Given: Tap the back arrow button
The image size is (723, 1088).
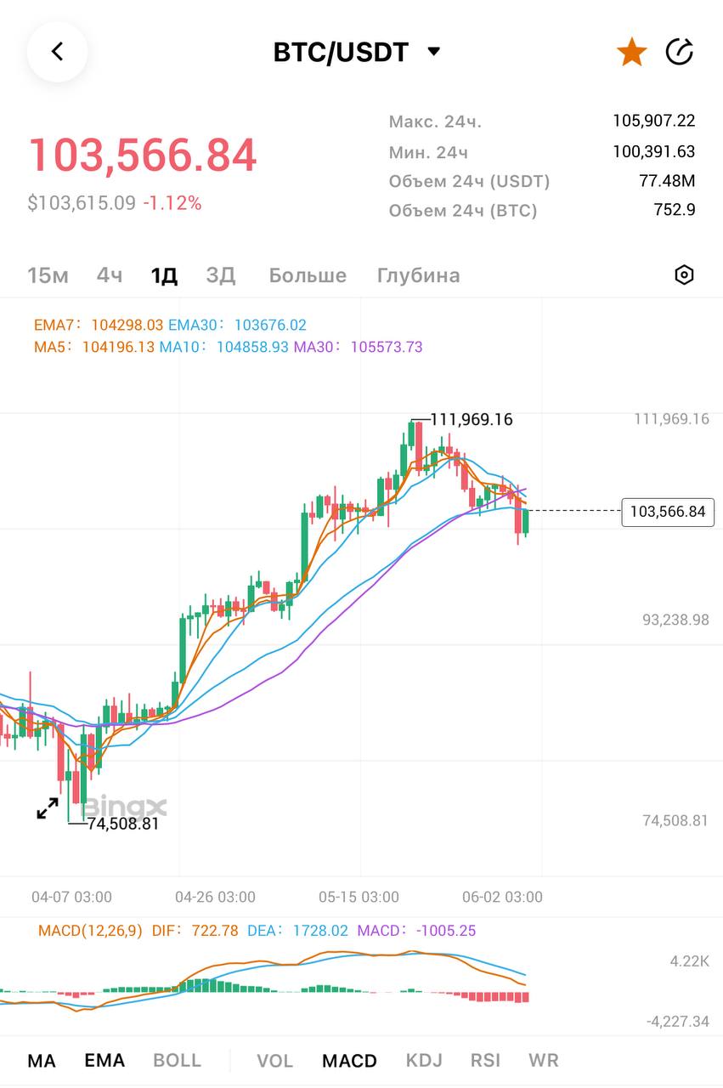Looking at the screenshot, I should (x=57, y=52).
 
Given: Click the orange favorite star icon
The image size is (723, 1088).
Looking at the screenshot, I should (x=631, y=52).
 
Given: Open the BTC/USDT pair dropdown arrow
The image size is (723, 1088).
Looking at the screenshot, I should (x=433, y=52).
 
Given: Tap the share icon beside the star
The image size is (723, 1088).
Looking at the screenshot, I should (x=680, y=52).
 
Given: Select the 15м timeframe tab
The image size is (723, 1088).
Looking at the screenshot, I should (x=48, y=275).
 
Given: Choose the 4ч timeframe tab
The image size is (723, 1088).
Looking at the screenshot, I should (x=110, y=275).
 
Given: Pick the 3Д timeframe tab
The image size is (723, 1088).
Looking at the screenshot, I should (x=221, y=275).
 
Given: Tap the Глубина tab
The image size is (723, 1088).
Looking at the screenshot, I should (x=418, y=275).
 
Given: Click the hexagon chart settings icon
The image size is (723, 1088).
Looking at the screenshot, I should (x=684, y=275).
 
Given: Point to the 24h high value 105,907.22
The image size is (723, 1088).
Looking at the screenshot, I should (x=653, y=121).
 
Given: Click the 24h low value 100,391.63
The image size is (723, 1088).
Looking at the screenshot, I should (x=653, y=152).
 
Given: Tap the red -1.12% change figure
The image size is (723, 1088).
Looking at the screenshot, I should (x=172, y=203).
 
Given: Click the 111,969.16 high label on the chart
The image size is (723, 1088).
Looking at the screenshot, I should (x=472, y=419).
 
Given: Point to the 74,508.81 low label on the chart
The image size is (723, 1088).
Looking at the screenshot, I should (x=122, y=823).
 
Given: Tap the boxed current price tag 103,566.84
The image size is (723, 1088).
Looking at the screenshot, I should (x=668, y=512).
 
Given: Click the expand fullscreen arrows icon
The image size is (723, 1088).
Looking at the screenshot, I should (x=48, y=808).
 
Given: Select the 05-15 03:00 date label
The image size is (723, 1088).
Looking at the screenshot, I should (x=359, y=897).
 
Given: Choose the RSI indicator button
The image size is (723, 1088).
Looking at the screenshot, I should (x=485, y=1061).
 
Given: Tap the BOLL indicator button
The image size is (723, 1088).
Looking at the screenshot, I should (x=177, y=1061).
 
